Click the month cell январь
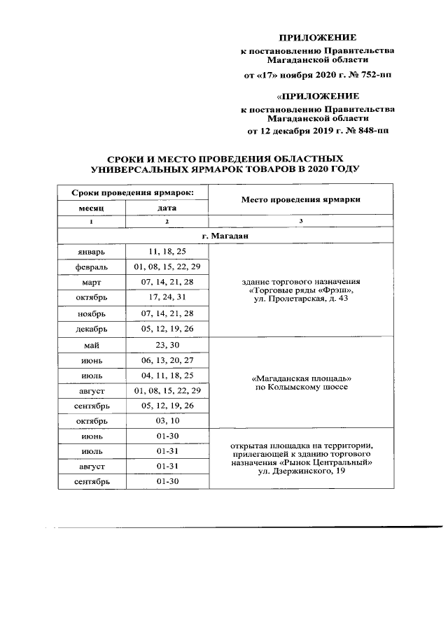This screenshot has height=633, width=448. tap(91, 251)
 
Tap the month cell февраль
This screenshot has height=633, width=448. tap(91, 266)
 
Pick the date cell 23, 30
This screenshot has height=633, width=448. tap(167, 344)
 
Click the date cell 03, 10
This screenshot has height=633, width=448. tap(167, 420)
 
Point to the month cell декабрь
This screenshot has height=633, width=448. tap(91, 328)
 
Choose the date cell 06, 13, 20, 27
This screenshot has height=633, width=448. tap(167, 360)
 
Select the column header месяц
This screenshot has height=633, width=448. tap(91, 208)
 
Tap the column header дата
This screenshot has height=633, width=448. tap(167, 208)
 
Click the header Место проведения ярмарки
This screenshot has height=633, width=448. tap(301, 199)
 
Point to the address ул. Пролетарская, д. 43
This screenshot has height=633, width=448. tap(301, 299)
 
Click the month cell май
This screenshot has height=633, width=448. tap(91, 344)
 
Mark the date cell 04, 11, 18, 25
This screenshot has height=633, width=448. tap(167, 375)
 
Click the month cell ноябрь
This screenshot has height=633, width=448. tap(91, 313)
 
